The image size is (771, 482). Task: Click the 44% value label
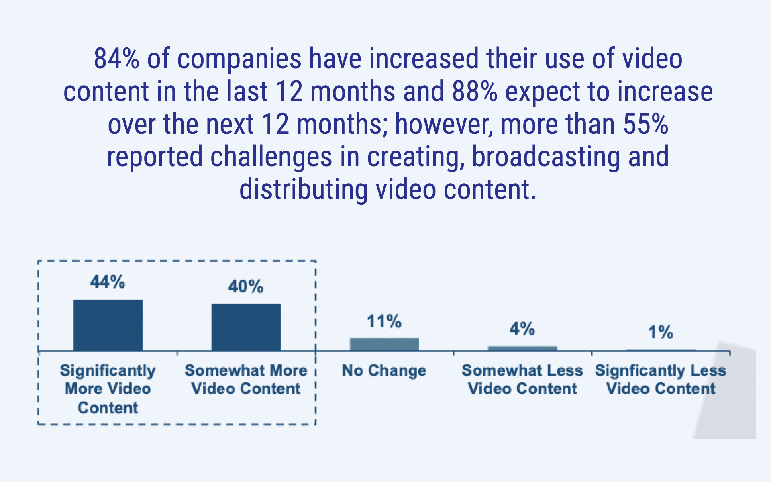[x=108, y=282]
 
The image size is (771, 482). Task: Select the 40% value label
[x=246, y=287]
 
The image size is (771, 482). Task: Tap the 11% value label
[x=384, y=321]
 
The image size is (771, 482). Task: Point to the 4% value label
[x=522, y=329]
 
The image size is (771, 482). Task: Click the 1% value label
[x=660, y=333]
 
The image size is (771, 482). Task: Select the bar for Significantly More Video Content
[x=108, y=325]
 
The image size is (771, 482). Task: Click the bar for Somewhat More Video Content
[x=246, y=327]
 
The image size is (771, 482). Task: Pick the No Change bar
[x=384, y=345]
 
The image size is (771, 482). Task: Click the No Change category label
[x=384, y=370]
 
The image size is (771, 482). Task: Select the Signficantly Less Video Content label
[x=661, y=380]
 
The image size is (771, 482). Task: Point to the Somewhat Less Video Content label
[x=522, y=380]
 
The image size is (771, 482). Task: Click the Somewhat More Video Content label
[x=246, y=380]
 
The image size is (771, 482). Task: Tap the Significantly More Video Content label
[x=108, y=389]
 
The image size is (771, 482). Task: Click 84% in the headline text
[x=116, y=59]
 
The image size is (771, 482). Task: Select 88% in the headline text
[x=475, y=92]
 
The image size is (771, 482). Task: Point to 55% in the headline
[x=645, y=124]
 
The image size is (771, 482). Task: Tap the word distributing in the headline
[x=303, y=190]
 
